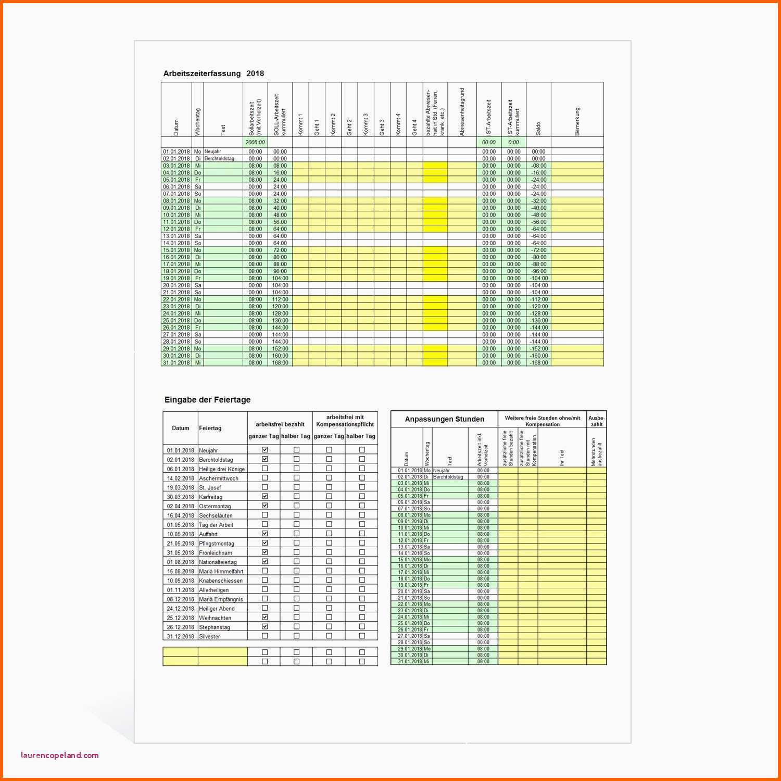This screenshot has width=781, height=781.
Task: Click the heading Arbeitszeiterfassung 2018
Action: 213,73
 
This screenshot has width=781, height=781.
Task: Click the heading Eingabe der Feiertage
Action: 207,400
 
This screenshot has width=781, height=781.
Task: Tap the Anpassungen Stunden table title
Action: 444,419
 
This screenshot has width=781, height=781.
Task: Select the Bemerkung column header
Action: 577,121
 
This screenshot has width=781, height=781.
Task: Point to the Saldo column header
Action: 538,128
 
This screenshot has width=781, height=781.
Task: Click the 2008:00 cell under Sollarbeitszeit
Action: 255,142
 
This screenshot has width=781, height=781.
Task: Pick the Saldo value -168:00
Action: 538,363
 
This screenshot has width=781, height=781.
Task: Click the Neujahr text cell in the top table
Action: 213,152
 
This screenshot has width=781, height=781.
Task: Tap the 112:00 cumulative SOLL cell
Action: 280,299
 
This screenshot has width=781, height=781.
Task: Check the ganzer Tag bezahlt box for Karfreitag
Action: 264,496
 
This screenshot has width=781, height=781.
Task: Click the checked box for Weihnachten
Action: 264,617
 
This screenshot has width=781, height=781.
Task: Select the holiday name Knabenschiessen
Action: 221,581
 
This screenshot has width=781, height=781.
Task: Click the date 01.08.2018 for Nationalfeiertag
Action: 180,562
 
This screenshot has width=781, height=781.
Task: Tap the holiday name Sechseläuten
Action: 216,515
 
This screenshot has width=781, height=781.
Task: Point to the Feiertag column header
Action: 210,428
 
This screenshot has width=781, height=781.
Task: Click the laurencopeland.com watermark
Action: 60,755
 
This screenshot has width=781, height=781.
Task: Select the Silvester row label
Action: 209,636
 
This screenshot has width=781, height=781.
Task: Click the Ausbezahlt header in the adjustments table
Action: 596,421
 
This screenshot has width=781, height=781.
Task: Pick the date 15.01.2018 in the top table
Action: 176,250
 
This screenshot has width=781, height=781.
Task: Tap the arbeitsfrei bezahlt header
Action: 280,424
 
